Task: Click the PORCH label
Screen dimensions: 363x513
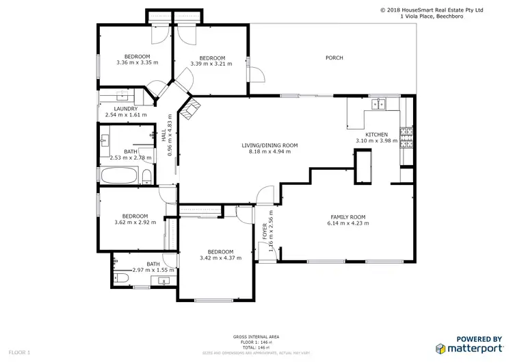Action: (x=334, y=58)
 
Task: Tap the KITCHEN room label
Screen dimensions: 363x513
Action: (x=376, y=134)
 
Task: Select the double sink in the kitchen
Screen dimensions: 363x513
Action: (x=377, y=105)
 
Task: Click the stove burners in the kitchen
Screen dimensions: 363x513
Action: (x=408, y=138)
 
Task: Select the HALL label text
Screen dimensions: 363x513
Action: (x=163, y=137)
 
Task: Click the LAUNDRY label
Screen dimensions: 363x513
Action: (x=126, y=109)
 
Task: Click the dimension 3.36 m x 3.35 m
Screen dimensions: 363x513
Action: (x=137, y=63)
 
